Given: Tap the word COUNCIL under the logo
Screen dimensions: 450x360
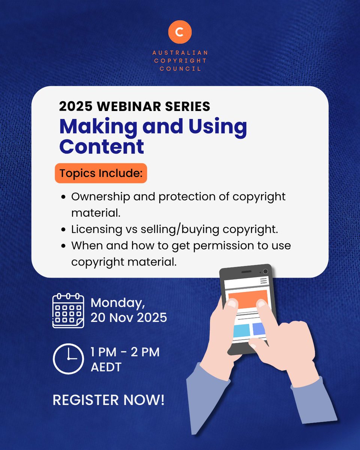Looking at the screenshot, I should pos(180,69).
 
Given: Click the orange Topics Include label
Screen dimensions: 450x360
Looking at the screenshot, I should pos(101,174).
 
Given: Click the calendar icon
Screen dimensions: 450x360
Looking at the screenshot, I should pos(68,311).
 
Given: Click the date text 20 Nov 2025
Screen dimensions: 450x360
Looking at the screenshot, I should pos(129,318).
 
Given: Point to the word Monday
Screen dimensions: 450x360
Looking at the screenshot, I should pos(117,302).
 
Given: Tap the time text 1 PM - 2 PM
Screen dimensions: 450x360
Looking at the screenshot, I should pos(125,352).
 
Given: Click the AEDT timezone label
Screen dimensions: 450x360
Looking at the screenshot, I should pos(106,367).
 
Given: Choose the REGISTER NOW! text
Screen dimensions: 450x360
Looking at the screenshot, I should pos(108,400).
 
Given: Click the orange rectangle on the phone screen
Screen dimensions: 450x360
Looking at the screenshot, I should pos(247,298).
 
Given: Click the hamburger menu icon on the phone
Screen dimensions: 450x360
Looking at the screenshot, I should pos(264,280).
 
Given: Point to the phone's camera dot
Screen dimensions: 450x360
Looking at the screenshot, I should pos(265,271).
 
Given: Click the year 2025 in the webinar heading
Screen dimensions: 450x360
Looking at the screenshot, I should pos(75,106).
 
